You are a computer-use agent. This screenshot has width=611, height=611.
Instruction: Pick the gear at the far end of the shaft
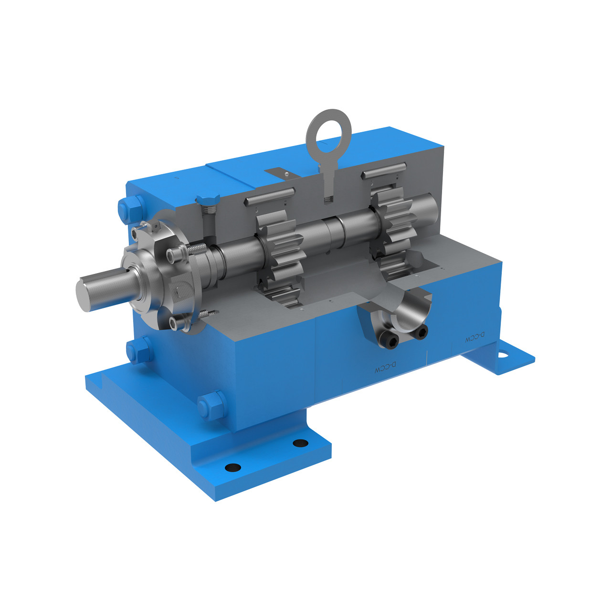coord(396,224)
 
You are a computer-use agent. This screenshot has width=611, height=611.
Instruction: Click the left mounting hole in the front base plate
coord(232,466)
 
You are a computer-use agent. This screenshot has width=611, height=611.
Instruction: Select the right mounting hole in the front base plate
coord(300,443)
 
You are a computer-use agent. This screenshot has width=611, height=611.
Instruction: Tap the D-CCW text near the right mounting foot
coord(475,337)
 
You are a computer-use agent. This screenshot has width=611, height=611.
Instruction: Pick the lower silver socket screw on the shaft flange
coord(176,324)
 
